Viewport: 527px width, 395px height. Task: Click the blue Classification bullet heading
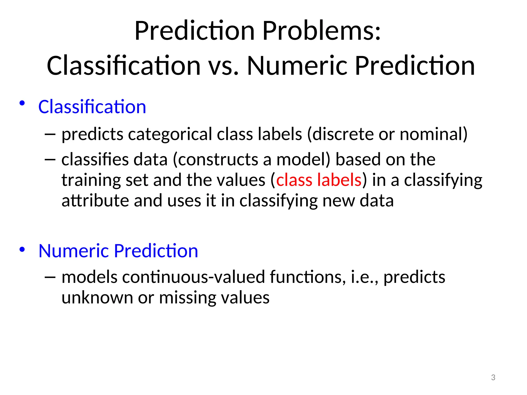pos(92,107)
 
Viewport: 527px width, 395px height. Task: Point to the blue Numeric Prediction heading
pos(118,251)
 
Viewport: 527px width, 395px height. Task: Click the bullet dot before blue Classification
pos(22,103)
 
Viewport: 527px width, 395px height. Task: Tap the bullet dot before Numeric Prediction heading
pos(22,249)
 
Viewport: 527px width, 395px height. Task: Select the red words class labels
pos(319,180)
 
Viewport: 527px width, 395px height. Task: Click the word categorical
pos(170,134)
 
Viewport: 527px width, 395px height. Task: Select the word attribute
pos(95,201)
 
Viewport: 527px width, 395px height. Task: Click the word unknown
pos(97,298)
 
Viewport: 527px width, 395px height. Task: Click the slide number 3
pos(493,378)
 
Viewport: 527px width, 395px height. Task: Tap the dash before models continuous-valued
pos(50,277)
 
